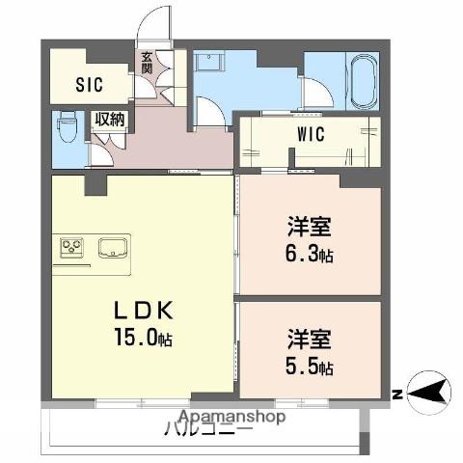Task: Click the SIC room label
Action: click(x=90, y=83)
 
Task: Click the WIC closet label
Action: click(x=310, y=134)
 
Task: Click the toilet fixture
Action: click(x=67, y=127)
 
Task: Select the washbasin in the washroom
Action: click(x=208, y=60)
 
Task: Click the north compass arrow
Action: click(x=432, y=393)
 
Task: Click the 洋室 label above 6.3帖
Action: click(x=309, y=228)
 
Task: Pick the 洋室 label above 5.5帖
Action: click(x=309, y=340)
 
